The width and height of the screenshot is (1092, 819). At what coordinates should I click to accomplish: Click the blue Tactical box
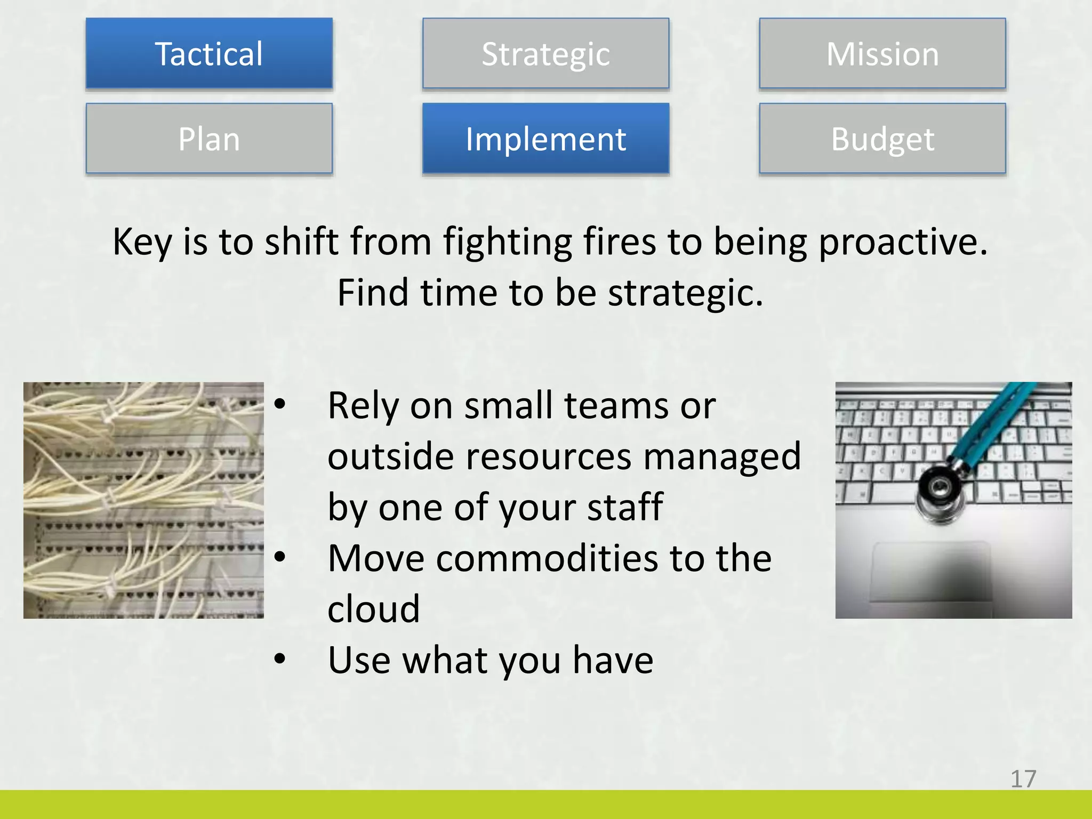[x=209, y=53]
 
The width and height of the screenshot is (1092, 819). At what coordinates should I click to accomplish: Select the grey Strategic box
[x=545, y=53]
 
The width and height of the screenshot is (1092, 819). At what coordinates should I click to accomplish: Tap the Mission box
[x=882, y=53]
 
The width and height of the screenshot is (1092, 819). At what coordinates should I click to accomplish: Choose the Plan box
[x=209, y=139]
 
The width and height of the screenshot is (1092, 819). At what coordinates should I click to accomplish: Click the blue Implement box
[x=545, y=139]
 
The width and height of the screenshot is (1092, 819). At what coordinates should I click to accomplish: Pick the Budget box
[x=882, y=139]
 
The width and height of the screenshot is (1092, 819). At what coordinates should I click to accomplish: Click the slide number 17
[x=1023, y=779]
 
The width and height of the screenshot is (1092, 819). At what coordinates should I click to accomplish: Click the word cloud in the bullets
[x=373, y=608]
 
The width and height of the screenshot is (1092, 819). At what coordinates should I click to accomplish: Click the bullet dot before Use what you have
[x=280, y=659]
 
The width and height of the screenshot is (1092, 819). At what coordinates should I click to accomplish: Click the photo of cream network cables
[x=143, y=500]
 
